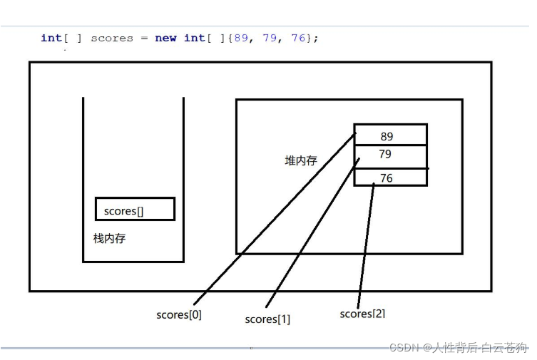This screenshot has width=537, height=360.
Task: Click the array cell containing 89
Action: (x=390, y=135)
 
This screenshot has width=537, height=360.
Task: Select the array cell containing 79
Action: (x=390, y=155)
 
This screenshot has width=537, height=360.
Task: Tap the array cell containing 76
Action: (x=390, y=178)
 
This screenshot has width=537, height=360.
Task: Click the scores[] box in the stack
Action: (x=135, y=209)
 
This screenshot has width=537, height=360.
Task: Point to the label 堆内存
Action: (x=301, y=161)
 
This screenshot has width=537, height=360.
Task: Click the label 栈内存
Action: (x=109, y=239)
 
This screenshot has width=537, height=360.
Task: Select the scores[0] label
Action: (x=179, y=314)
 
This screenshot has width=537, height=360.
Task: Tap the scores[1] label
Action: (x=267, y=319)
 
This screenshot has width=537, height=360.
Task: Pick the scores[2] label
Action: (x=363, y=314)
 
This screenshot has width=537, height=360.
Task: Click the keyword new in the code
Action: (x=165, y=38)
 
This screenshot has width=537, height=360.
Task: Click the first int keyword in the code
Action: (x=51, y=38)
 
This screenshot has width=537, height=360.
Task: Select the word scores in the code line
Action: (x=112, y=38)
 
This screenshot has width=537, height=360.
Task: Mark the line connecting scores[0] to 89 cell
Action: (x=275, y=217)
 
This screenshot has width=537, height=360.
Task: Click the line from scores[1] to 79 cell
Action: (x=314, y=235)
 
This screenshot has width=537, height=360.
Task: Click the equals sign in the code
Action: (x=144, y=38)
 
